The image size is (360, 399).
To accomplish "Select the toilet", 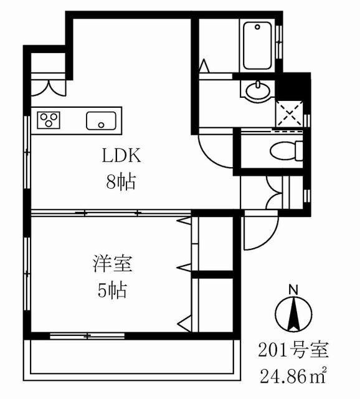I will pos(287,150).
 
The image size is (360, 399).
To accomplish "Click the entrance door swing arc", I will pos(253,234).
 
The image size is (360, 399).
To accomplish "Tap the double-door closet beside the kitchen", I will pos(48,84).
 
